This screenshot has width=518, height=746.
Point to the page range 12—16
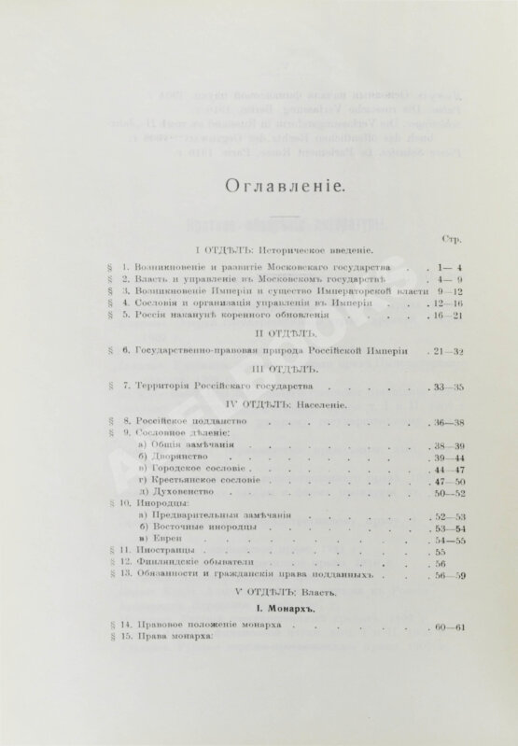pos(436,303)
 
